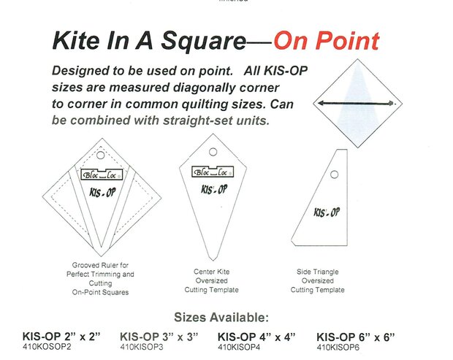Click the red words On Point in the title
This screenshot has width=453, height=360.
(326, 40)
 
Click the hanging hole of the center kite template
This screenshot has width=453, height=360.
(213, 153)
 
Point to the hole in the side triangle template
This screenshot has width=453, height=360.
(333, 175)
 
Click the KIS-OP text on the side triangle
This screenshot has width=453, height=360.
(326, 213)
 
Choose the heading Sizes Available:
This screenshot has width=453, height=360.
(221, 318)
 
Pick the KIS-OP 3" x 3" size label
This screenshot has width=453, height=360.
(159, 337)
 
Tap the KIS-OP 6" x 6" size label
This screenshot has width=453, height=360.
(356, 337)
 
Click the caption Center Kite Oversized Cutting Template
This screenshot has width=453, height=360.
(212, 280)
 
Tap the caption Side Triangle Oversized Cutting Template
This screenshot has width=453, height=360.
(318, 280)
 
